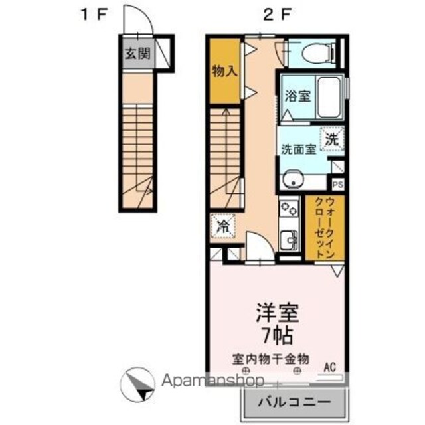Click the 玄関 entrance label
tap(137, 53)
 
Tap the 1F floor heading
tap(94, 14)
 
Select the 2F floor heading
tap(276, 14)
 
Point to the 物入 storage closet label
tap(224, 71)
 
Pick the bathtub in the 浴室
tap(329, 98)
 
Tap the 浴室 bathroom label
tap(297, 96)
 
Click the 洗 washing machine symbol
tap(332, 139)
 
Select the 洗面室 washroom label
tap(298, 149)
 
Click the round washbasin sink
tap(293, 180)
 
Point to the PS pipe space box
tap(338, 185)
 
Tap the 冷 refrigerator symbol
tap(223, 226)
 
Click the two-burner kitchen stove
tap(290, 208)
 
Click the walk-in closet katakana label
tap(325, 228)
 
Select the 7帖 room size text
tap(277, 336)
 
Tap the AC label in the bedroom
tap(330, 367)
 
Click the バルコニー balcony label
tap(294, 402)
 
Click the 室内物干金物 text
tap(270, 359)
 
